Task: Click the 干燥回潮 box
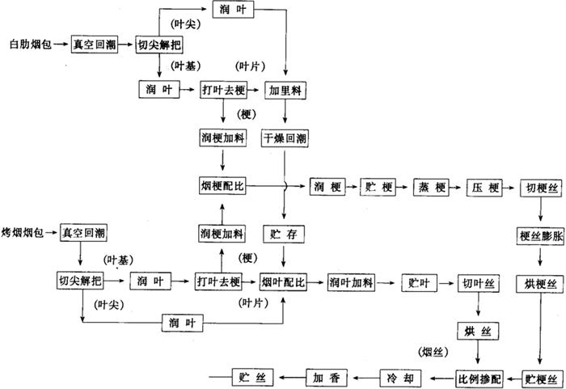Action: point(284,138)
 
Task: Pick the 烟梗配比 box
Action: point(222,187)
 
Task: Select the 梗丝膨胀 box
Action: point(539,236)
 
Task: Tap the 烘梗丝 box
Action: point(539,284)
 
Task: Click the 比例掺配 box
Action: point(479,378)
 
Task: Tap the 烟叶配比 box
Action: point(283,282)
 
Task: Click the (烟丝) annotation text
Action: point(433,352)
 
